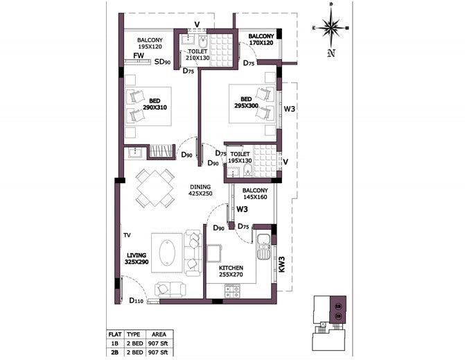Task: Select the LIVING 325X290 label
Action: pos(137,259)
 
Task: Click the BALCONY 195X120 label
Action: pos(150,44)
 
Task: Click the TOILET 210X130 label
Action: pos(198,55)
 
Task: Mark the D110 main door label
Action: pos(137,300)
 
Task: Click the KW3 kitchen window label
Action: pos(281,264)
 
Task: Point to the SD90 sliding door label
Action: pos(162,62)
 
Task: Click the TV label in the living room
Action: pos(127,235)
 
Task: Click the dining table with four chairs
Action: pos(153,187)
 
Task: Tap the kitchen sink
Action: pos(263,246)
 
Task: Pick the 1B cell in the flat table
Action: pos(115,343)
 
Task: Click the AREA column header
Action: pos(159,334)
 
